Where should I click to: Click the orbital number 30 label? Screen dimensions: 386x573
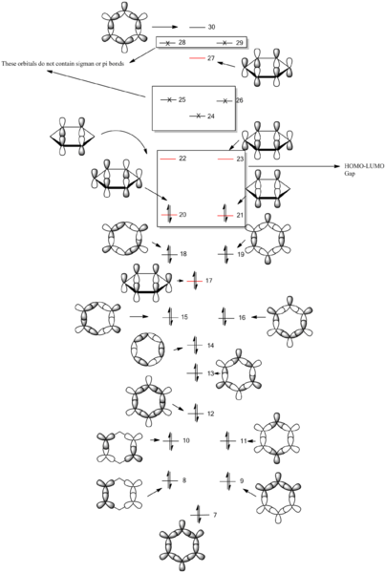(212, 27)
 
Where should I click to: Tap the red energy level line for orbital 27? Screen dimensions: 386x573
(197, 58)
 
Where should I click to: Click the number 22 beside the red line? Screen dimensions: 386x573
(182, 159)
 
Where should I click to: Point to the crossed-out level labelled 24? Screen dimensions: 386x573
(198, 117)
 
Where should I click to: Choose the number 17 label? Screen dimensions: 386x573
(208, 281)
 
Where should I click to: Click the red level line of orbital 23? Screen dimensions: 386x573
(225, 159)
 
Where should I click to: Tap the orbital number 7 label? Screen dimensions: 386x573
(215, 515)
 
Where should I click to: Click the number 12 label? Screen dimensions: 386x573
(210, 414)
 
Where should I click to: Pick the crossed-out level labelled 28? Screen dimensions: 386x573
(167, 43)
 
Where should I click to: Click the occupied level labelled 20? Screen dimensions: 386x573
(169, 215)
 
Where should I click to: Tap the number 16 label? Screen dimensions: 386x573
(242, 318)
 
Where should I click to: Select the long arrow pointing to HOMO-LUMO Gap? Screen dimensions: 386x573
(294, 166)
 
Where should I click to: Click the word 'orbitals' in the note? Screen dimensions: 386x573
(27, 64)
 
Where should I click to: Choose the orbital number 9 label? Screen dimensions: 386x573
(241, 481)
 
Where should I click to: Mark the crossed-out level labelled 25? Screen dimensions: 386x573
(168, 99)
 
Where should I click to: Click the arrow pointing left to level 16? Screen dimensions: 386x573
(259, 317)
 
